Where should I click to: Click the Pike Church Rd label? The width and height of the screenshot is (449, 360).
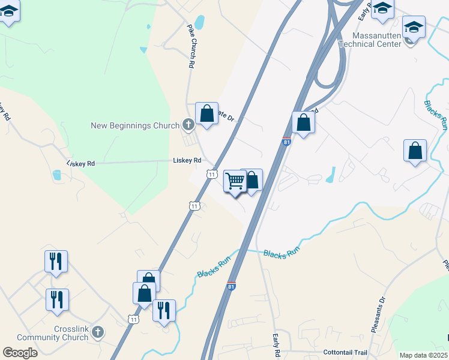(191, 46)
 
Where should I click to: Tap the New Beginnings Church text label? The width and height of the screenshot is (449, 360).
(135, 125)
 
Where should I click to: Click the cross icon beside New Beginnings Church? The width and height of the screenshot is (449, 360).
(188, 125)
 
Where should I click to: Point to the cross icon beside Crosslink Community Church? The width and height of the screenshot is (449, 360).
(98, 331)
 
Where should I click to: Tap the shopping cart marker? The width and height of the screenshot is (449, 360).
(235, 180)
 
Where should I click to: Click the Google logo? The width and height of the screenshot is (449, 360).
(20, 353)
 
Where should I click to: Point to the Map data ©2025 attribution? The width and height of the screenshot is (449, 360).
(423, 355)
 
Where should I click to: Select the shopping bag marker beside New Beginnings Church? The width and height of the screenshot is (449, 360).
(206, 113)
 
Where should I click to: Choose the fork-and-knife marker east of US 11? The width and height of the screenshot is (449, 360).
(164, 310)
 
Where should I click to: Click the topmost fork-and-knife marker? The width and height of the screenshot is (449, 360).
(56, 261)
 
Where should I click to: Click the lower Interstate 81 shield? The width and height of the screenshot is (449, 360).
(232, 286)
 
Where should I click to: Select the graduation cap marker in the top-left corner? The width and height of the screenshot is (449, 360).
(8, 11)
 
